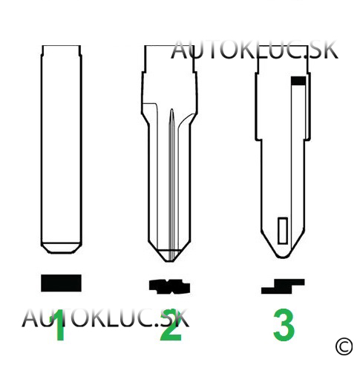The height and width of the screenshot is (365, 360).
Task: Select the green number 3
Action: [284, 324]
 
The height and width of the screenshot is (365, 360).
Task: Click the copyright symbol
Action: [344, 346]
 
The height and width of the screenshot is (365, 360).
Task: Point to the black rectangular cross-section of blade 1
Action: [61, 283]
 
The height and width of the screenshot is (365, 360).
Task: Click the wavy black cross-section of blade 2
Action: [170, 287]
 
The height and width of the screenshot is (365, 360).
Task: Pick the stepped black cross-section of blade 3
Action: [283, 286]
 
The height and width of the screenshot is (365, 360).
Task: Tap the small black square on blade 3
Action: [298, 81]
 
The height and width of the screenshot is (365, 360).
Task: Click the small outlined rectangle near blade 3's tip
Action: [283, 231]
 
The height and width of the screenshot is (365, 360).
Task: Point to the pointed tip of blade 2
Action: [170, 261]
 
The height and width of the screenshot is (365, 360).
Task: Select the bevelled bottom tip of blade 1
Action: [62, 249]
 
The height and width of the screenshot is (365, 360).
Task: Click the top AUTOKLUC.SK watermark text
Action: [255, 50]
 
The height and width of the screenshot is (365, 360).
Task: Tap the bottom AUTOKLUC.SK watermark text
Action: [105, 318]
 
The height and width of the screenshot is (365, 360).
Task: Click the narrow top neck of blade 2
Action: [169, 59]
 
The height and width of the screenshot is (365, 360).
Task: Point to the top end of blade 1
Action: [62, 46]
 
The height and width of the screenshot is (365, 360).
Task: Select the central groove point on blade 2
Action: [171, 110]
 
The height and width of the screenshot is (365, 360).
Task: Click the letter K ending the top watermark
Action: [330, 50]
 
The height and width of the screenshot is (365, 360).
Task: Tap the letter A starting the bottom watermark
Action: [30, 318]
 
